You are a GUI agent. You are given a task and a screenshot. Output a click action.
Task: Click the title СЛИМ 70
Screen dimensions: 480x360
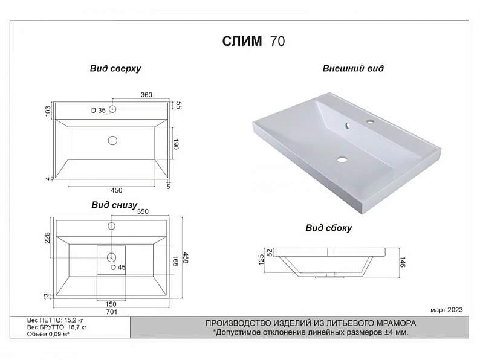253,41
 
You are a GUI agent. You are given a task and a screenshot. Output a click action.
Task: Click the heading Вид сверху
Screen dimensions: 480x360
115,68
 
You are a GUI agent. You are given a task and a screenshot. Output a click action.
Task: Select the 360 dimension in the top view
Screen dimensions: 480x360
146,95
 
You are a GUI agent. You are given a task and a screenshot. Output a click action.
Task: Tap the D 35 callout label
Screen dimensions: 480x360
99,111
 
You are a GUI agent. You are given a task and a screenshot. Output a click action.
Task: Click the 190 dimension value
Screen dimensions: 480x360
176,144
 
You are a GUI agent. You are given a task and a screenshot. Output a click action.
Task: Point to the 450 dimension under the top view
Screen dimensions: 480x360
116,190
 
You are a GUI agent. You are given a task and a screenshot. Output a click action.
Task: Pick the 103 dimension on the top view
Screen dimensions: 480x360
47,111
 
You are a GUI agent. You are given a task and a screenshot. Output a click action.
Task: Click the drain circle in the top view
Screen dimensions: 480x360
112,140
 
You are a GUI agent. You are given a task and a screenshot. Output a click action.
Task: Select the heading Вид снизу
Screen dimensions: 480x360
114,205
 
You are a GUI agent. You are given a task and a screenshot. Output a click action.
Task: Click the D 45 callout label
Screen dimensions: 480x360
118,268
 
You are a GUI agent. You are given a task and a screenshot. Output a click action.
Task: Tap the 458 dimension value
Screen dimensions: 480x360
186,257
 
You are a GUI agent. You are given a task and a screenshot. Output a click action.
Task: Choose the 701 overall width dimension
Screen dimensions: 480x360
111,312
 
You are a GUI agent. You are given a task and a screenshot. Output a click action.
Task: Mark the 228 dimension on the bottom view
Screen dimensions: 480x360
47,238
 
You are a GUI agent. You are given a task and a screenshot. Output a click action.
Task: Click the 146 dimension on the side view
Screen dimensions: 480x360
403,262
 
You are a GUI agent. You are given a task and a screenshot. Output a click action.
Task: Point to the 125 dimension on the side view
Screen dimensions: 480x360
261,259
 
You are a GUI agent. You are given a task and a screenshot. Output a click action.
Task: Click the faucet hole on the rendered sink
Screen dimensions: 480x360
371,122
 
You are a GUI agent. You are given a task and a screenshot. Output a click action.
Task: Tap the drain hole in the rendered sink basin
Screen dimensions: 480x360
342,159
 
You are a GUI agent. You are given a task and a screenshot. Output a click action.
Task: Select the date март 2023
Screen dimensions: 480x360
447,310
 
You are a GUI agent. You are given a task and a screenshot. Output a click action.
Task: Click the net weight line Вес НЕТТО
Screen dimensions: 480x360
55,320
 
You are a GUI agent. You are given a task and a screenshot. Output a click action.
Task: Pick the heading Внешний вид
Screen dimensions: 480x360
353,68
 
